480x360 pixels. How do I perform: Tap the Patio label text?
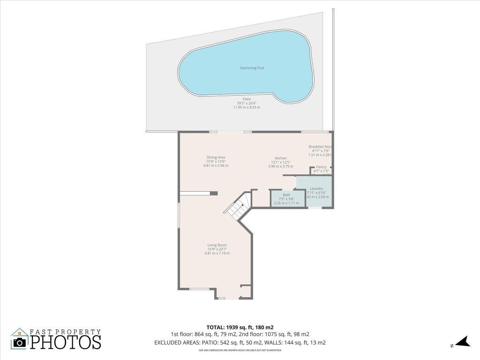247,99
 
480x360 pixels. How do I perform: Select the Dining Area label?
216,157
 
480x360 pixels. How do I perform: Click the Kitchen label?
280,158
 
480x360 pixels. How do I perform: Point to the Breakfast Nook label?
320,147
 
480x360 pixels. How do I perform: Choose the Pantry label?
321,167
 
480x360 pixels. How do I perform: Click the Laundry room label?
316,188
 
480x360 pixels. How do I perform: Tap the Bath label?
286,195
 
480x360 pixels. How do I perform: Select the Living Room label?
217,245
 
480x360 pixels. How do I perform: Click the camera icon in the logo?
20,342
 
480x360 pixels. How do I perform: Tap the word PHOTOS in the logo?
66,341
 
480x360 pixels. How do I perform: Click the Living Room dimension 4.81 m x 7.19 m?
217,254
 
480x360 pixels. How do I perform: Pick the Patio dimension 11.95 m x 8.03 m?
247,107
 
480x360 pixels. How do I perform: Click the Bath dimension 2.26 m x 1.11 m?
286,202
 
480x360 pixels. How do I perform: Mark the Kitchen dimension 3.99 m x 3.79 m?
280,166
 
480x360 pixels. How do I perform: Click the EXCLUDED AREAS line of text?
240,343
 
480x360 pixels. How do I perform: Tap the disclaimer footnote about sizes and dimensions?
240,350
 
